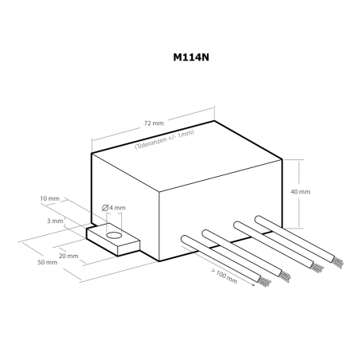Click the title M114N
pos(191,57)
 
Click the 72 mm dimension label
pos(154,123)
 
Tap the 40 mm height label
pos(300,192)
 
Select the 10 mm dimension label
pos(50,198)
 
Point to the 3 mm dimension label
pos(55,221)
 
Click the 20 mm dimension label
pos(68,256)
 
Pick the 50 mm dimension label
pos(48,262)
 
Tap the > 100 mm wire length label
pos(224,276)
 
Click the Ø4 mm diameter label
pos(114,208)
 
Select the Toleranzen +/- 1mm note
pos(164,139)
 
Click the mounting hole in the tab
pos(114,236)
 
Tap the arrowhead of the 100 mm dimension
pos(252,284)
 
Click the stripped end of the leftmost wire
pos(264,281)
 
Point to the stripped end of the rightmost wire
pos(338,262)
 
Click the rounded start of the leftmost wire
pos(185,239)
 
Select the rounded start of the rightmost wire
pos(259,220)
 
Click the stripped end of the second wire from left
pos(284,276)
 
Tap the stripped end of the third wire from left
pos(318,268)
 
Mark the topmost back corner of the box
pos(214,121)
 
